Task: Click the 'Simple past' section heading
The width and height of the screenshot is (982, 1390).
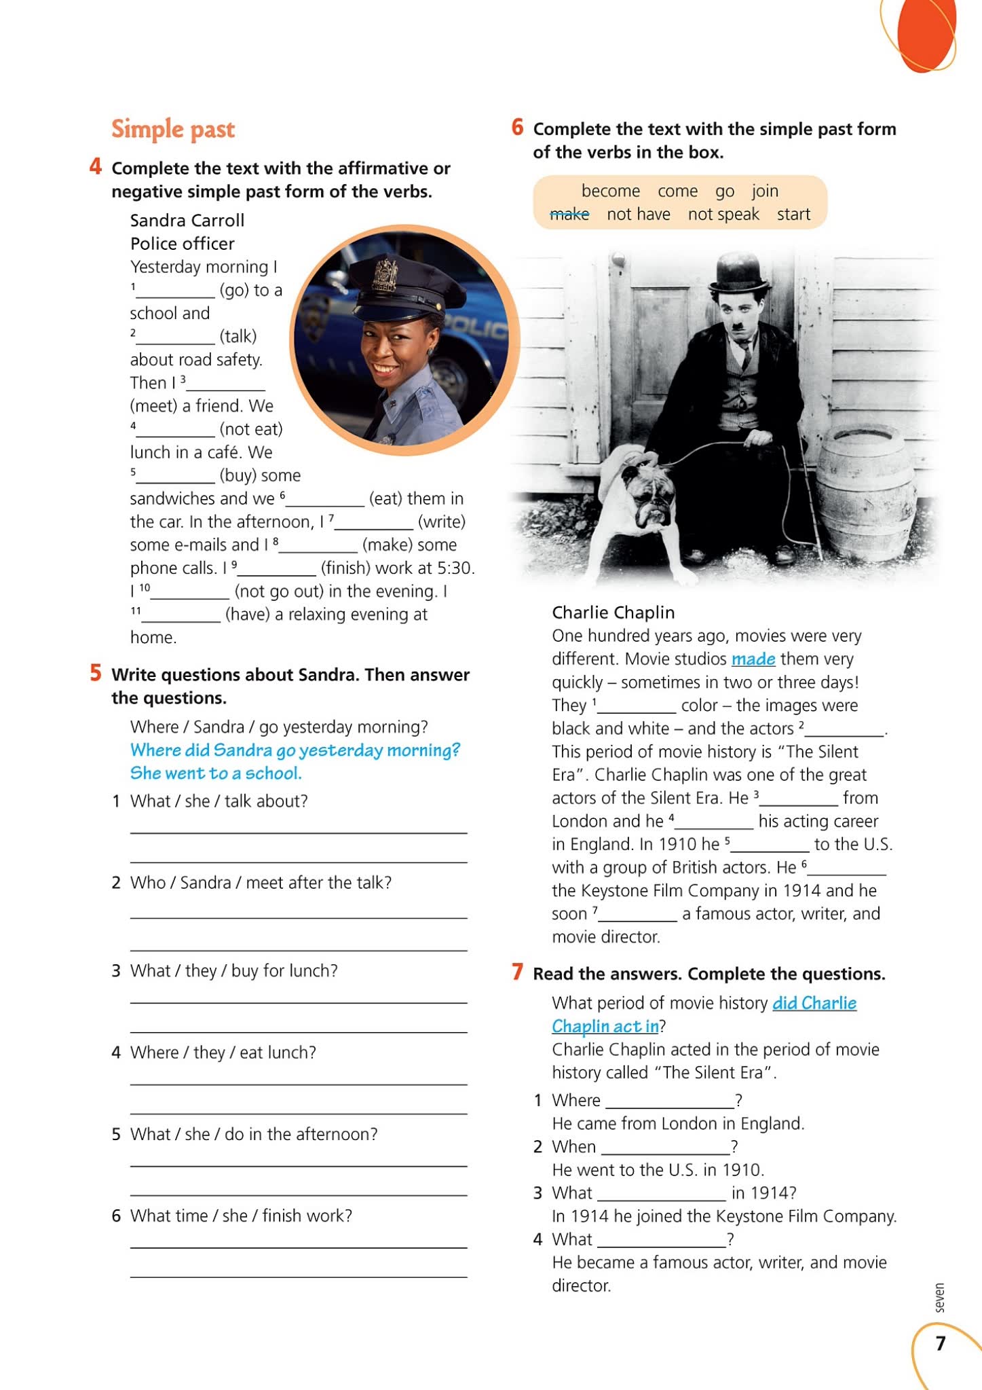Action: coord(173,129)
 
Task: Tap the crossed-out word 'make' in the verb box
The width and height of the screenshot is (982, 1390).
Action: coord(569,215)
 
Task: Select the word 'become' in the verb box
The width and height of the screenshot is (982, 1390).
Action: coord(610,191)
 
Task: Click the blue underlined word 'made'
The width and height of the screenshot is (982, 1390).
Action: coord(753,659)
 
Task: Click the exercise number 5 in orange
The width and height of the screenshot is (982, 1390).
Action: coord(96,673)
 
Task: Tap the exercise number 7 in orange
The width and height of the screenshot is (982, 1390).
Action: coord(517,972)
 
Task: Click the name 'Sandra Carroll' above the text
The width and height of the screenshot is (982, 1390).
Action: coord(187,221)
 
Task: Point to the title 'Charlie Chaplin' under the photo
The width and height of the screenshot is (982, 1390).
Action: coord(613,612)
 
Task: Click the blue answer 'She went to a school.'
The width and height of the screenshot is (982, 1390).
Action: coord(216,773)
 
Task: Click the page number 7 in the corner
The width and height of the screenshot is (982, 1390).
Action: coord(940,1343)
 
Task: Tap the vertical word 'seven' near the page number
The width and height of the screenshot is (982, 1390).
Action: coord(939,1298)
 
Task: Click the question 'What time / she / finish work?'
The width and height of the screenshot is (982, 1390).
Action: coord(241,1215)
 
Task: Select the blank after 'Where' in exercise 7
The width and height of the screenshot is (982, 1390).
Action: coord(670,1101)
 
